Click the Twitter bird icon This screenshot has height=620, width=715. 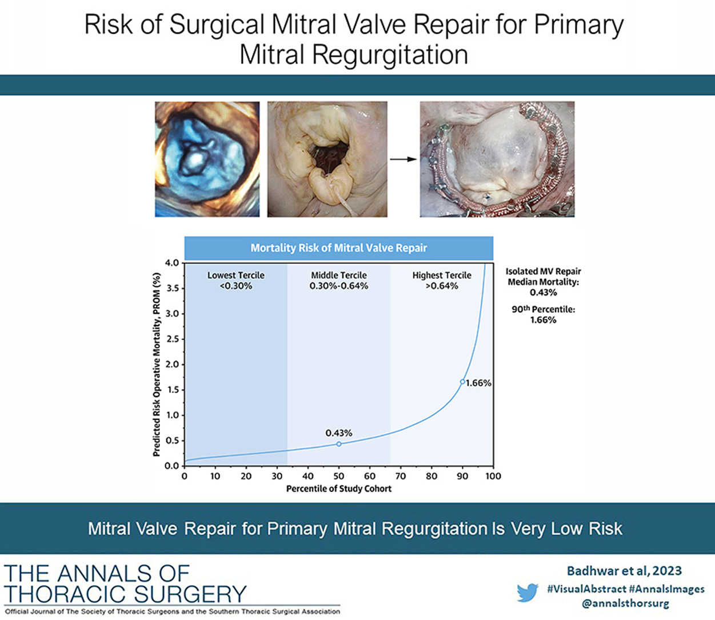coord(528,593)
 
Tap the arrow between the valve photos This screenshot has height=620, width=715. coord(404,159)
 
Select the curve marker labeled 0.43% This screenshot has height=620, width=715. coord(339,444)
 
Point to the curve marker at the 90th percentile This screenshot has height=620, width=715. coord(462,382)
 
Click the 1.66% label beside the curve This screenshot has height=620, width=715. coord(478,383)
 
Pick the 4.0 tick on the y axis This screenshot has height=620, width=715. coord(171,263)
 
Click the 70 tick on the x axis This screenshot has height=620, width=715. coord(401,476)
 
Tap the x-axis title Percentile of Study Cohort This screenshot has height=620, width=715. coord(339,489)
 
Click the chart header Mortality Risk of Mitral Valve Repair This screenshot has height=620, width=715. coord(339,248)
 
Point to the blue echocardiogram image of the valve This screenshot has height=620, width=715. coord(207,159)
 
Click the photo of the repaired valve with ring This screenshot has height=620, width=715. coord(497,159)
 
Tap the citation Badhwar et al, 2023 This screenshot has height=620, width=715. coord(624,571)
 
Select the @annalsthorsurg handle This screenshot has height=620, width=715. coord(625,603)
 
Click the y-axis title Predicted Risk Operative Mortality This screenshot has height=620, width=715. coord(157,364)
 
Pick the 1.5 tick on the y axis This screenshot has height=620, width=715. coord(171,390)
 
